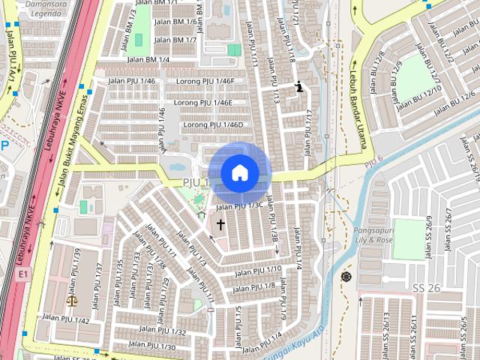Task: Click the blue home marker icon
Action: point(239,172)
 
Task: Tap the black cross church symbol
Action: point(220,223)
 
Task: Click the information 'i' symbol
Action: point(300,87)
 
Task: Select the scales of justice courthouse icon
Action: point(72,300)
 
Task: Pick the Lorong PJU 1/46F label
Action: point(205,81)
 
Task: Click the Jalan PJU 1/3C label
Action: point(239,205)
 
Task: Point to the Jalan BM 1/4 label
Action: point(147,59)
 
